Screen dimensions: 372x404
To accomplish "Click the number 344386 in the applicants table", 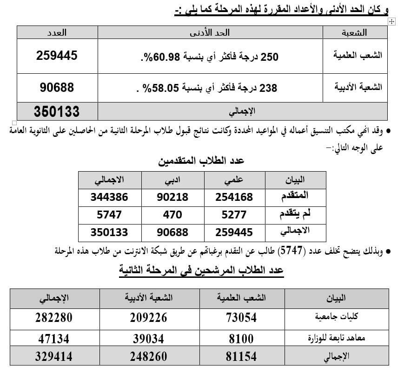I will [110, 197].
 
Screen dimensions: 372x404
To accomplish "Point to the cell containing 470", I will [172, 214].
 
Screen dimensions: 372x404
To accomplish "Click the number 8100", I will [241, 339].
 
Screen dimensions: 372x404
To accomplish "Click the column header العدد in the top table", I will [57, 32].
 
